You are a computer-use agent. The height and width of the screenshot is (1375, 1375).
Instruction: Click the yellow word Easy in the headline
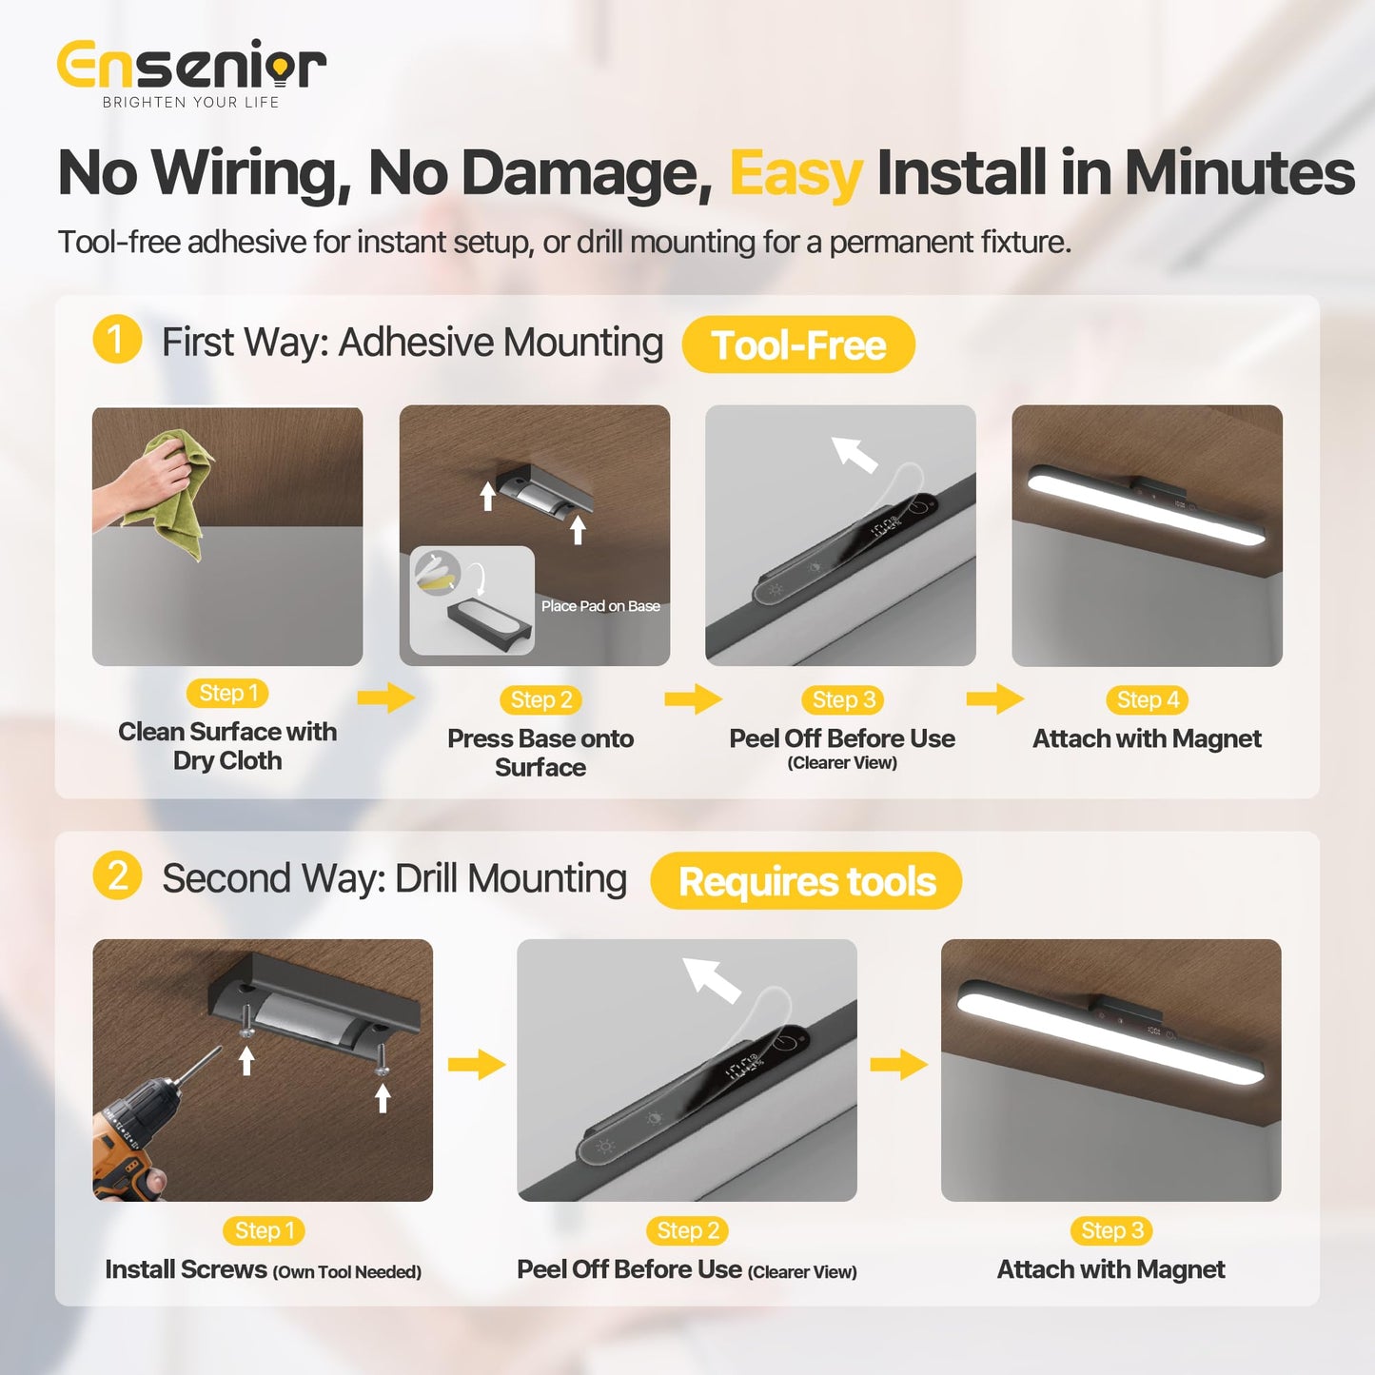tap(796, 174)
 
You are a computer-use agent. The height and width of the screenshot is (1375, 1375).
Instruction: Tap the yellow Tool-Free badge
tap(798, 344)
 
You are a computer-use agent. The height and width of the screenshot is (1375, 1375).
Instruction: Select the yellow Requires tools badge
tap(806, 880)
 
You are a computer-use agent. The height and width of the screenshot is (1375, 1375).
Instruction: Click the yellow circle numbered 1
tap(117, 340)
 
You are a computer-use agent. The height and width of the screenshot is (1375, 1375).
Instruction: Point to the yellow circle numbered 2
tap(117, 875)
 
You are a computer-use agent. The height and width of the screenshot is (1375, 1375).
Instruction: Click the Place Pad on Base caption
tap(600, 606)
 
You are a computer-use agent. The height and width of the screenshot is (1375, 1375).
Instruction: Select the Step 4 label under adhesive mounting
tap(1148, 700)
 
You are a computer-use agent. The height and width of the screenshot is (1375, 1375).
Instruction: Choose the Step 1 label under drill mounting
tap(264, 1230)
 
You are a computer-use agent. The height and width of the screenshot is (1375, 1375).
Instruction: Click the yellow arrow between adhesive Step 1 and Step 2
tap(386, 697)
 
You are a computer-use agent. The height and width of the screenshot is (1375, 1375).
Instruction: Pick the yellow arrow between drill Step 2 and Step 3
tap(898, 1065)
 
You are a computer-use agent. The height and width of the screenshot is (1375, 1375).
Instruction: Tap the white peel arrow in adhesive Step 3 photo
tap(854, 455)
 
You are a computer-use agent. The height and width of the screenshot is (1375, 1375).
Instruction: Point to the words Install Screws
tap(187, 1269)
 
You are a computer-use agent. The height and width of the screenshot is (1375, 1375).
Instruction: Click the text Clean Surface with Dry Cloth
tap(227, 746)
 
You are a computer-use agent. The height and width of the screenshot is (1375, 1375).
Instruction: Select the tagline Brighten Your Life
tap(190, 102)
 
